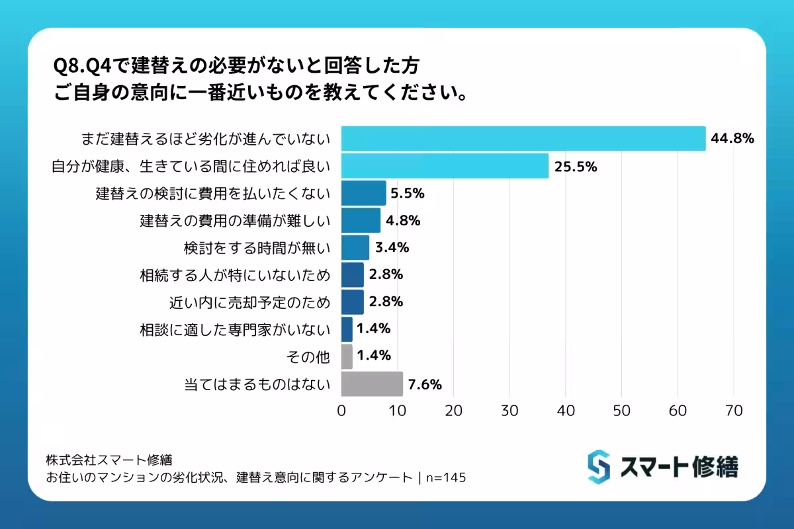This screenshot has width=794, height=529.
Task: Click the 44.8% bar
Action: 523,138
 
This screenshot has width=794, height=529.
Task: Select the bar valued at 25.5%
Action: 445,166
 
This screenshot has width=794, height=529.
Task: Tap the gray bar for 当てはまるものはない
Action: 372,384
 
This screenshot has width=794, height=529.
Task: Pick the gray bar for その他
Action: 347,356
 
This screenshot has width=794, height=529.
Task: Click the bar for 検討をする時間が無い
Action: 355,247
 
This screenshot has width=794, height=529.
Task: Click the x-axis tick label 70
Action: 733,411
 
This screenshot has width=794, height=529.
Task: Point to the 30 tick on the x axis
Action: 509,411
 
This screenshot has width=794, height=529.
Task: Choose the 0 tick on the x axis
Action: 341,411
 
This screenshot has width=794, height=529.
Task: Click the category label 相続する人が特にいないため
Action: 234,274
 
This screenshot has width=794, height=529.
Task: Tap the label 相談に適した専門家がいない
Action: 234,329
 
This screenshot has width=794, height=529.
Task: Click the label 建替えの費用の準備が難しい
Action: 234,220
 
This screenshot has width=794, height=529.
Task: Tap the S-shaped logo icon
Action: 598,466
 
